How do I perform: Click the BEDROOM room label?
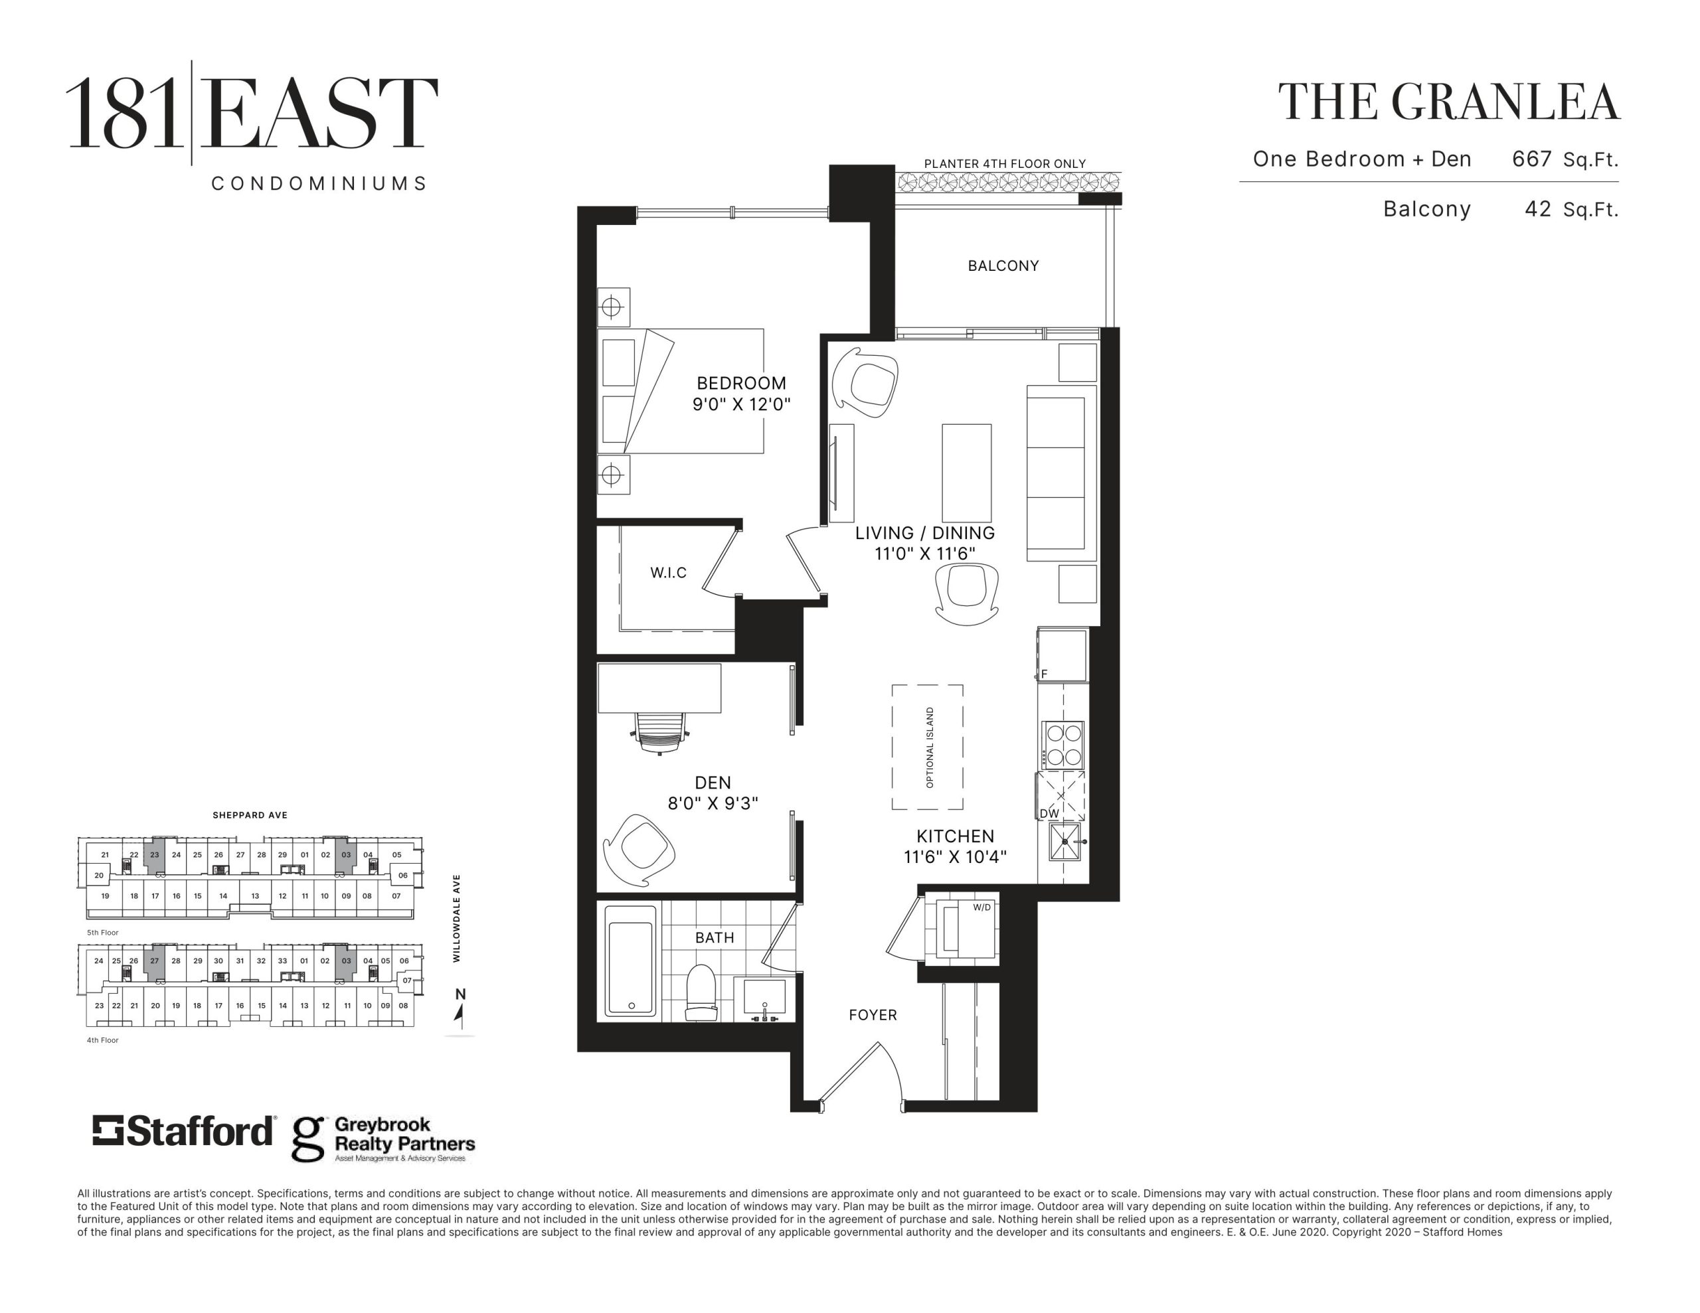tap(741, 383)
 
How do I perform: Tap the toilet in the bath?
tap(700, 992)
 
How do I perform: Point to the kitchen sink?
tap(1065, 841)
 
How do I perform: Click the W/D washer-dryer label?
tap(982, 907)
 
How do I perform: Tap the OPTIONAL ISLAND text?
tap(930, 747)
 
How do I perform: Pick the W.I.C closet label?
tap(669, 573)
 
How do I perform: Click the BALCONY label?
tap(1003, 266)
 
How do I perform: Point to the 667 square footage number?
tap(1532, 159)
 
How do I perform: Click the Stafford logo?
tap(184, 1131)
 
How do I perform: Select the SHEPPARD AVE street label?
tap(250, 816)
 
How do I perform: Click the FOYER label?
tap(873, 1015)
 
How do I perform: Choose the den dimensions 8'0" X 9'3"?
tap(713, 803)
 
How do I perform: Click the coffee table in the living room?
tap(967, 473)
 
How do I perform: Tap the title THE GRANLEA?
tap(1448, 103)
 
